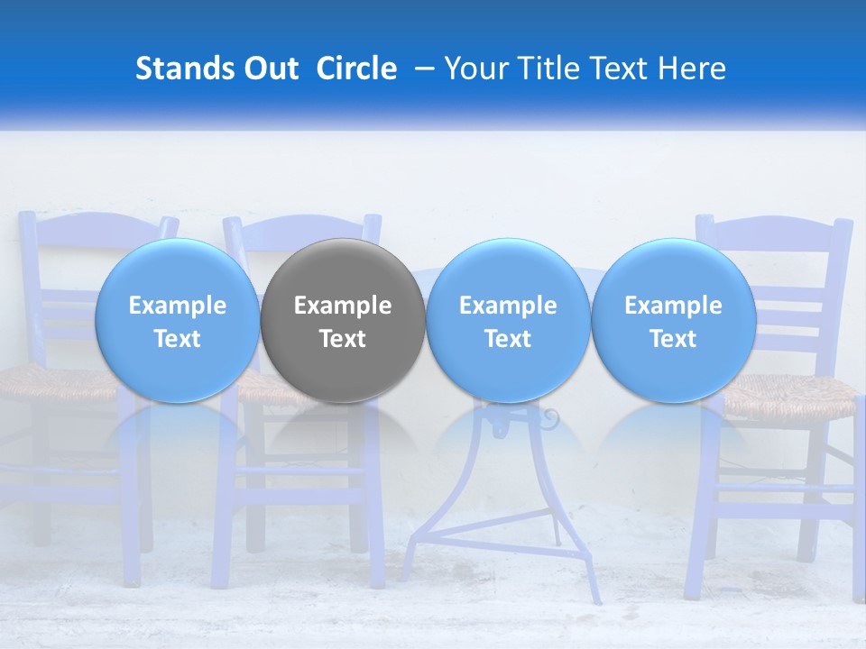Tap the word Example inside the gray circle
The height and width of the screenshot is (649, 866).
[343, 306]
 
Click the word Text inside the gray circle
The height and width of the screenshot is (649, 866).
[343, 339]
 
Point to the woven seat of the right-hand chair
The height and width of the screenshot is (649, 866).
[794, 397]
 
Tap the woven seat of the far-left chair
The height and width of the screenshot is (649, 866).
[45, 383]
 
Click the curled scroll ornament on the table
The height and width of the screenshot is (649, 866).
[548, 420]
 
